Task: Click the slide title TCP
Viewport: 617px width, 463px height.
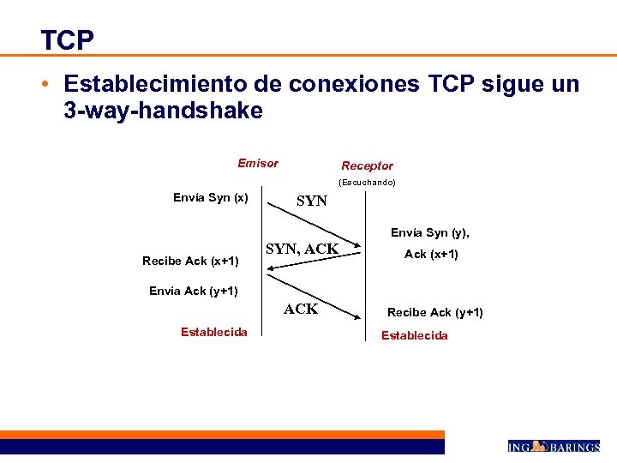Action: coord(67,39)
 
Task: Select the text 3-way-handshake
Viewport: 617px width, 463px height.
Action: coord(163,111)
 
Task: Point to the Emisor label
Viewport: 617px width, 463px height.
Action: coord(258,163)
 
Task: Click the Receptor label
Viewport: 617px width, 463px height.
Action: coord(367,165)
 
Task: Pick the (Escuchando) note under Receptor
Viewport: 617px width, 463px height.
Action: coord(367,183)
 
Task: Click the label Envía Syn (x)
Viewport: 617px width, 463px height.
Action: coord(210,198)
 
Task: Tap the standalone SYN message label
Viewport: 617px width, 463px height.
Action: coord(311,201)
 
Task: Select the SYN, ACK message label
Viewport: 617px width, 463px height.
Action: coord(302,250)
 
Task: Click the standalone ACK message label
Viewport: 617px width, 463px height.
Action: coord(301,309)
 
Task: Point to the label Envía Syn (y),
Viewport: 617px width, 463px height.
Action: coord(429,232)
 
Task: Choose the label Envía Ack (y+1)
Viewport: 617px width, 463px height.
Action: coord(194,291)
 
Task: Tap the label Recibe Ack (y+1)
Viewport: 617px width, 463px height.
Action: coord(434,312)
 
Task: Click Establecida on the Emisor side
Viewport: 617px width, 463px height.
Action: coord(214,331)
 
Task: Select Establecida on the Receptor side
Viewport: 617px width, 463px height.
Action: coord(414,335)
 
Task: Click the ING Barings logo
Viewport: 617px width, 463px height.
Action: coord(553,447)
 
